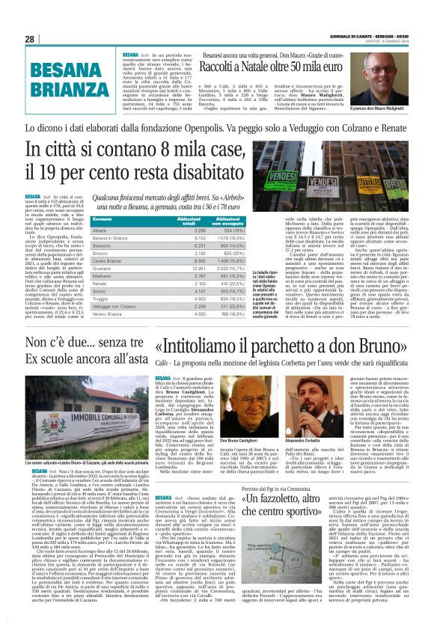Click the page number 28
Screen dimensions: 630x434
click(28, 39)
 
